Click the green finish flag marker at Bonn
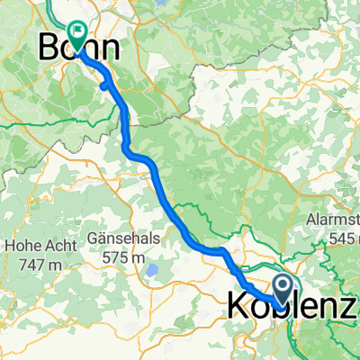[x=77, y=34]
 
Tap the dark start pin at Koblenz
[x=282, y=289]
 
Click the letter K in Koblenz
[x=233, y=305]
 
